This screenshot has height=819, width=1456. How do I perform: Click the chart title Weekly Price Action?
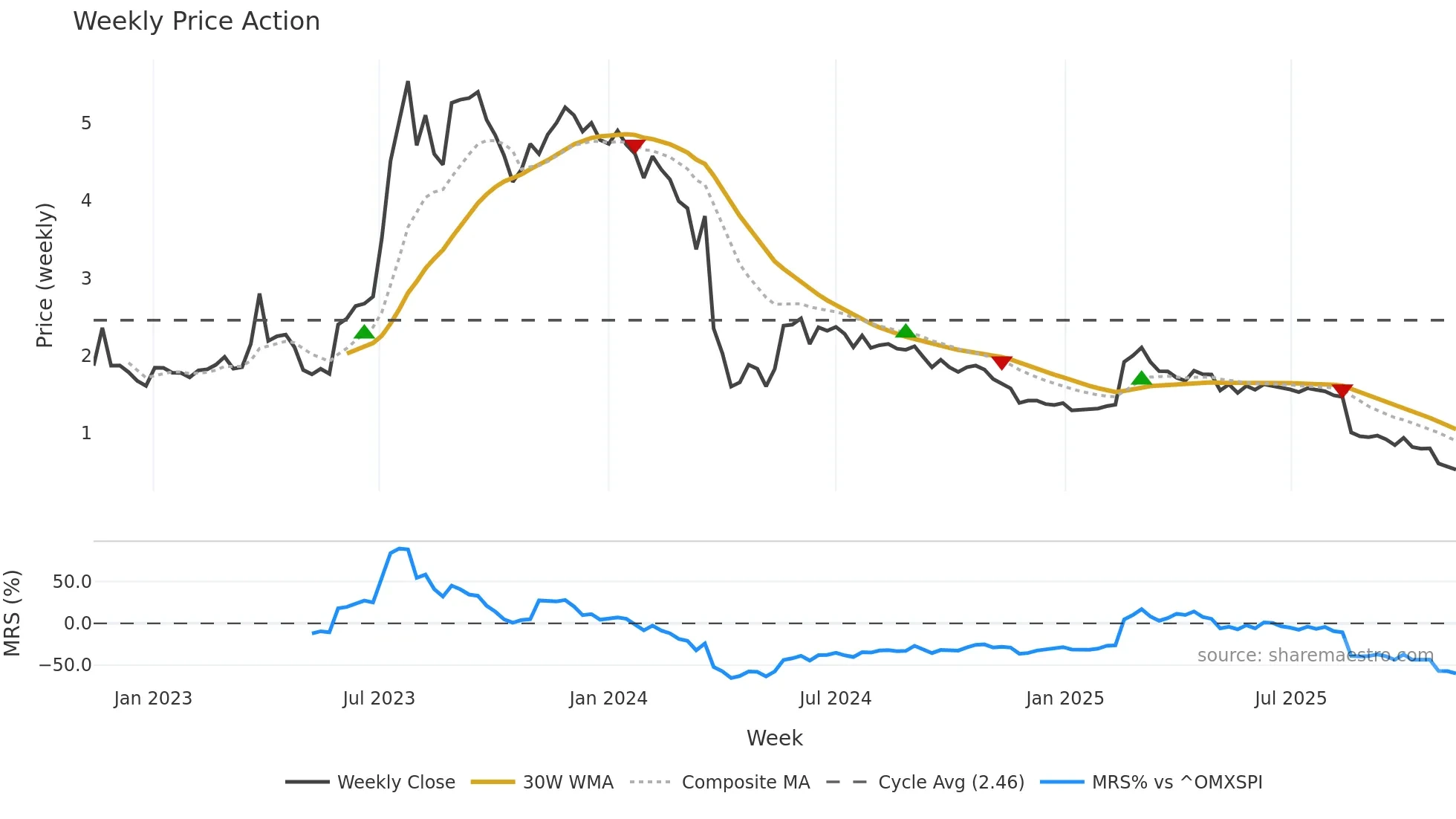[x=196, y=22]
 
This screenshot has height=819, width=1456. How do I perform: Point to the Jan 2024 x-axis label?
[x=608, y=699]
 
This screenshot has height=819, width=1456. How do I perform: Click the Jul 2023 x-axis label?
[x=379, y=699]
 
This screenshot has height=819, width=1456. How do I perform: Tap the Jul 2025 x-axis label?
[x=1290, y=699]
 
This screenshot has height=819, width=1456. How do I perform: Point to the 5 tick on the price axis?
[x=86, y=123]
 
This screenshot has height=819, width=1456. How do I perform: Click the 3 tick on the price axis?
[x=86, y=279]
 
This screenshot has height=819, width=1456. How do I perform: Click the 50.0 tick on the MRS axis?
[x=72, y=582]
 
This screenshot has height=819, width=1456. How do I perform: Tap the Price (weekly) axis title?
[x=45, y=275]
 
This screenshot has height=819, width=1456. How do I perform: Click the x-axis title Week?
[x=774, y=738]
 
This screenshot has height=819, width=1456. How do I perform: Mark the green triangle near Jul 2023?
[x=364, y=332]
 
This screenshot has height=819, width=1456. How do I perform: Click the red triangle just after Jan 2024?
[x=634, y=146]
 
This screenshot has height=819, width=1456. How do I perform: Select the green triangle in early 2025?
[x=1141, y=379]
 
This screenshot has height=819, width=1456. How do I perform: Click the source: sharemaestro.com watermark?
[x=1315, y=655]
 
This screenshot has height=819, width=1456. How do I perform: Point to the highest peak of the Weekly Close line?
[x=408, y=82]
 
